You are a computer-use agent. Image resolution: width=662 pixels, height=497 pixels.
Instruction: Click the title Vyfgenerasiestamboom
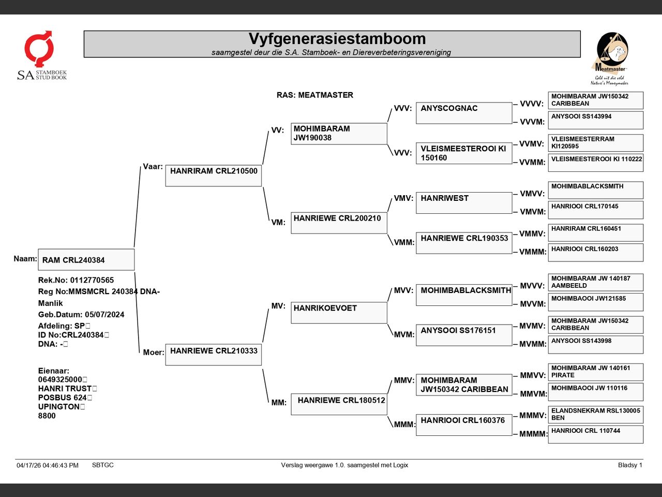(x=337, y=39)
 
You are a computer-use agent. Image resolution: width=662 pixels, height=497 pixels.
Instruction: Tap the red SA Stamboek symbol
(x=39, y=48)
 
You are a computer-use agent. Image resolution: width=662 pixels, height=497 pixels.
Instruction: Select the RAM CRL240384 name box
(x=86, y=259)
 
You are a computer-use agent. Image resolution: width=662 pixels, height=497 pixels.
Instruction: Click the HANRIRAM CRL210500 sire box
(x=214, y=176)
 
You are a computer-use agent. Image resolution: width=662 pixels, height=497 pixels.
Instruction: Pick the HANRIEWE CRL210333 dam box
(x=214, y=355)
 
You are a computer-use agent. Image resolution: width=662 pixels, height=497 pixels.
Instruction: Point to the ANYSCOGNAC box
(x=464, y=113)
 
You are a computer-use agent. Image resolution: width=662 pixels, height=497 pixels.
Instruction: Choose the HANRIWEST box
(x=464, y=203)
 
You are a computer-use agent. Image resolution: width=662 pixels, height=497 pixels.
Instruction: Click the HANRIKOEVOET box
(x=339, y=313)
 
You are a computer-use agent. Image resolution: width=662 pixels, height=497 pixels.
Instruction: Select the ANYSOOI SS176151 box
(x=464, y=335)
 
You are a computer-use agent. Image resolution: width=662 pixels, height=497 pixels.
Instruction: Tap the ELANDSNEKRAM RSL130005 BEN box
(x=596, y=415)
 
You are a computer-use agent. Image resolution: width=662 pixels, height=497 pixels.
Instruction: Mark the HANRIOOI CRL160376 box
(x=464, y=425)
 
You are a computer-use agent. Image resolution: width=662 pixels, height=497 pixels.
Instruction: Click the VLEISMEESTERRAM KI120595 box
(x=596, y=143)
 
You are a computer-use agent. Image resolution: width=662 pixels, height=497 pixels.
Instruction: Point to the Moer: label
(x=154, y=352)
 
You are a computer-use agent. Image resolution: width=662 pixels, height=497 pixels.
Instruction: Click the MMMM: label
(x=533, y=434)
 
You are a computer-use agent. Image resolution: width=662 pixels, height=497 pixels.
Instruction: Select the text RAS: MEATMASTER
(x=315, y=95)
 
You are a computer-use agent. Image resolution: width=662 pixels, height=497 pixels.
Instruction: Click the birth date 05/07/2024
(x=104, y=314)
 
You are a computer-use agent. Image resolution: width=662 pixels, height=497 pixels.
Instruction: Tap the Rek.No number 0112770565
(x=92, y=280)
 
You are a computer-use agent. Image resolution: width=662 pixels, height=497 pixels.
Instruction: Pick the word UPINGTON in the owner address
(x=59, y=406)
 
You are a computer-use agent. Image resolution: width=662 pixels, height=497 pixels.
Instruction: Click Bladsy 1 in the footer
(x=630, y=465)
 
